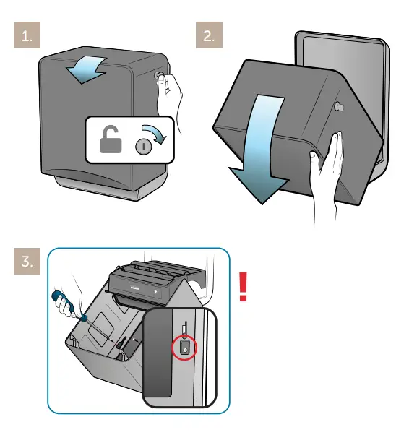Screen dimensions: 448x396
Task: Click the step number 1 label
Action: [27, 36]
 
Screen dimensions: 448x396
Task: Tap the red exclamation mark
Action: [243, 287]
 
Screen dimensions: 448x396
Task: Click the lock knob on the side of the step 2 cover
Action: [338, 106]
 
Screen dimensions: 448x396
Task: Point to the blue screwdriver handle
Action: [59, 299]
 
